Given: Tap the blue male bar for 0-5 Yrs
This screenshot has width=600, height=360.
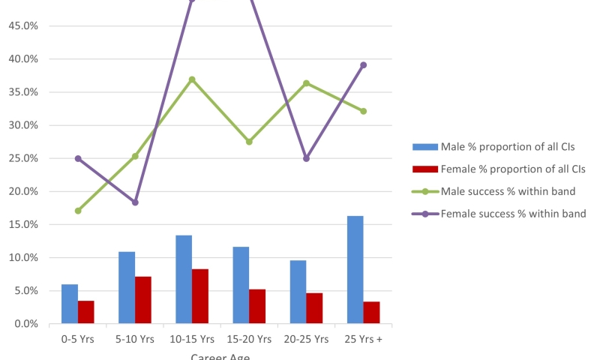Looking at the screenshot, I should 70,304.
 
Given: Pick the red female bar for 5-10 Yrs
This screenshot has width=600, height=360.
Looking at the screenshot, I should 142,300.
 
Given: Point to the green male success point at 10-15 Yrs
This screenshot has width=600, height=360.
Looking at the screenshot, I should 192,79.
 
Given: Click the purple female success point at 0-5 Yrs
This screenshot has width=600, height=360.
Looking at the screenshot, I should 78,158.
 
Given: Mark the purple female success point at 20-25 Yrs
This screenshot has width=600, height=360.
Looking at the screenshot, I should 306,158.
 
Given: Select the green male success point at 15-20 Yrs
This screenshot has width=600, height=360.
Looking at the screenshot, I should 249,141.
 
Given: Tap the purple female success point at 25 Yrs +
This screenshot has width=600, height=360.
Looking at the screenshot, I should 363,65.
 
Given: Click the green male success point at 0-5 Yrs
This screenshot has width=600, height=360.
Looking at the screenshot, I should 78,211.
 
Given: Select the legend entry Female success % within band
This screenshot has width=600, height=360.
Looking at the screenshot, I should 513,214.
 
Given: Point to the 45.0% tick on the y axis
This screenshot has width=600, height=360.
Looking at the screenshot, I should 22,25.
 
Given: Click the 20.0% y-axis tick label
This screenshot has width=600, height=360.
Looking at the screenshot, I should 22,191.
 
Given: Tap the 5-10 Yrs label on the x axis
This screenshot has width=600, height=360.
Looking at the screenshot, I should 135,339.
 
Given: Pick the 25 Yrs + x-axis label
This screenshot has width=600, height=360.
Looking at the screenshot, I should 363,339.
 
